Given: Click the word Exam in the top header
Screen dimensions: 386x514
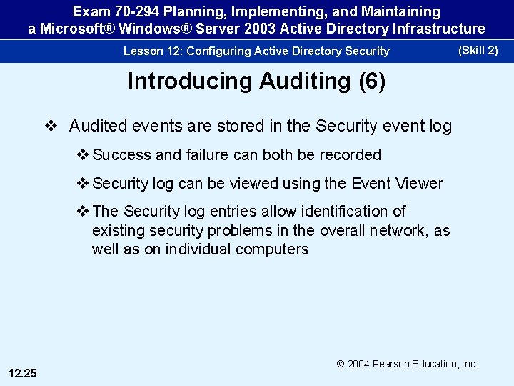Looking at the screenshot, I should click(x=91, y=12).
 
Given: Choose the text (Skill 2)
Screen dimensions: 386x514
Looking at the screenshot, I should click(x=478, y=50).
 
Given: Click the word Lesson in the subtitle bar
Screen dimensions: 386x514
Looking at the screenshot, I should click(x=141, y=51).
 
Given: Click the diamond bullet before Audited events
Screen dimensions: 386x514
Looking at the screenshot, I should click(x=51, y=126).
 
